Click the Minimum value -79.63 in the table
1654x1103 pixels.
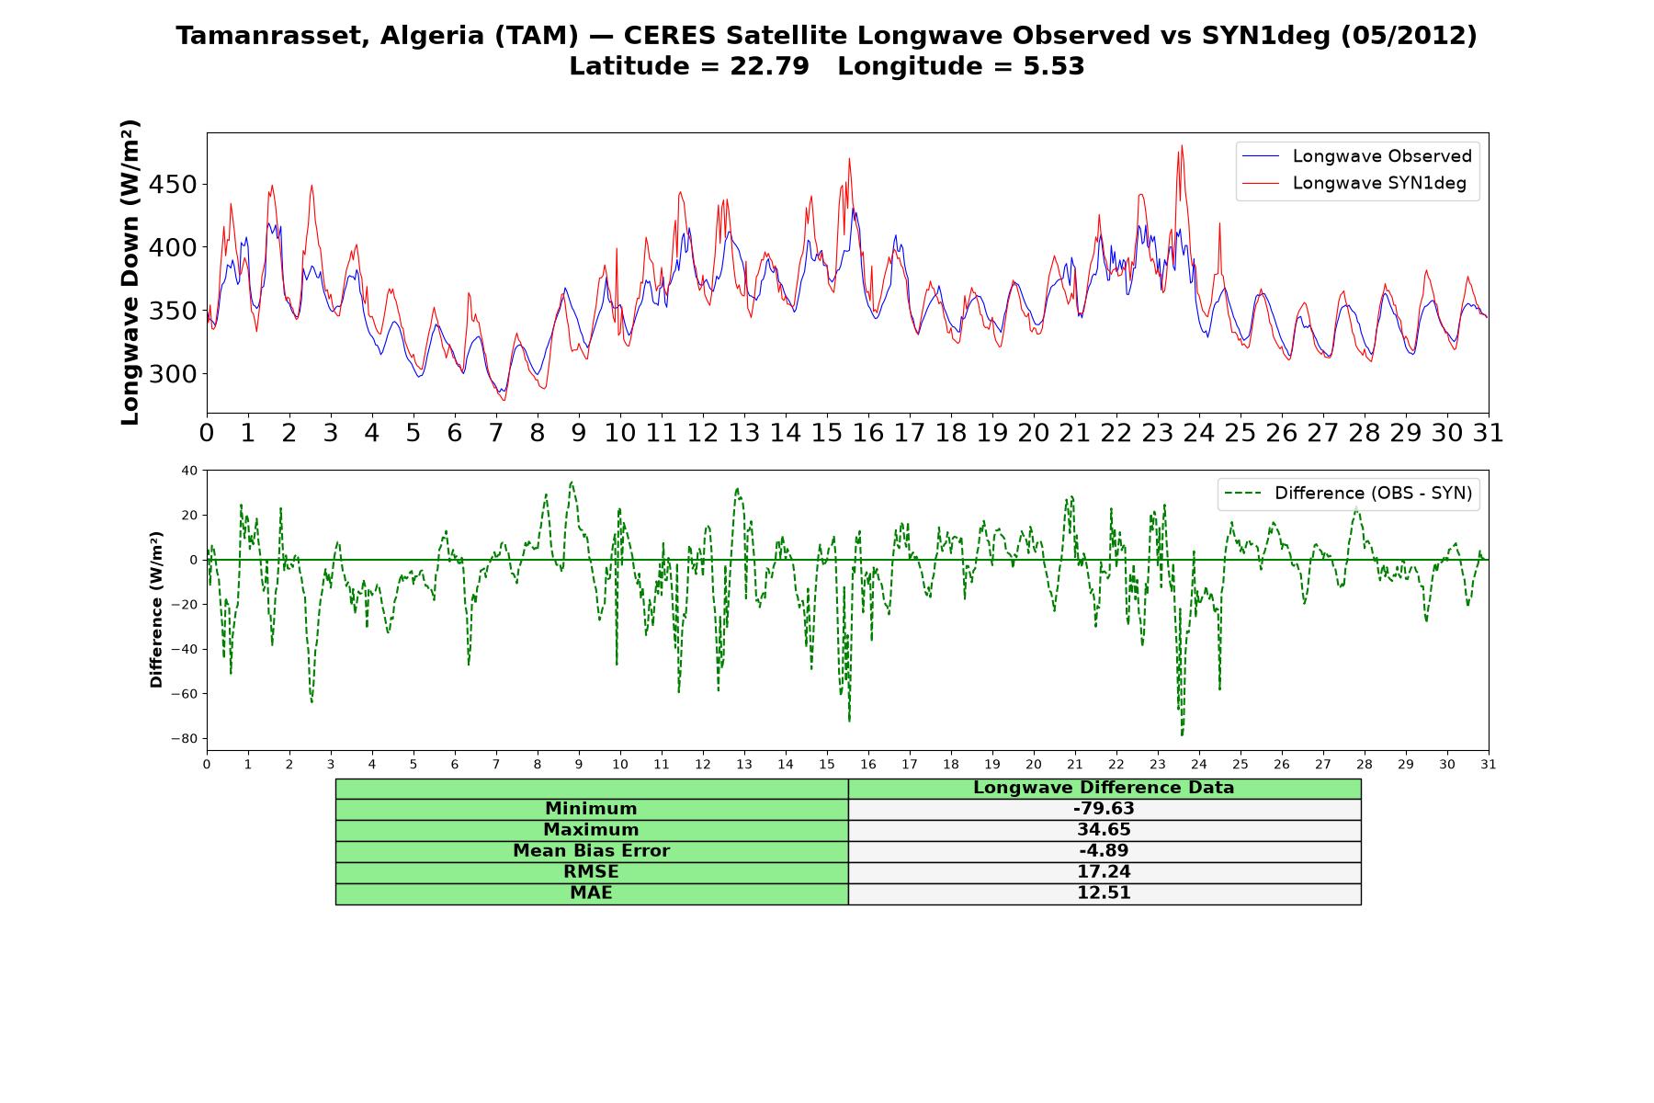tap(1104, 809)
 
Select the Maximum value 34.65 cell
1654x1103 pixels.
tap(1104, 830)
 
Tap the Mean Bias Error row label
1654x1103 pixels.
tap(591, 851)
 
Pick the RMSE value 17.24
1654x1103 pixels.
tap(1104, 872)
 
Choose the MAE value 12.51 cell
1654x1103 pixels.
tap(1104, 893)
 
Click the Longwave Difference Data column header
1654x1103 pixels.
tap(1104, 788)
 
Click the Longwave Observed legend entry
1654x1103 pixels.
tap(1357, 156)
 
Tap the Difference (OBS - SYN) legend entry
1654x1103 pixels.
tap(1349, 494)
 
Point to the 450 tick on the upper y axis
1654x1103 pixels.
tap(172, 185)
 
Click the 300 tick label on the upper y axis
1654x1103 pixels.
tap(172, 374)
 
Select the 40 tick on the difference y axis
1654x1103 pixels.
tap(189, 471)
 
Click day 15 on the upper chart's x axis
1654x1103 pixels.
tap(827, 433)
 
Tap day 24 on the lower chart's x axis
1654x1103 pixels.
tap(1199, 764)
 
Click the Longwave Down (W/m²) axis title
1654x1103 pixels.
tap(130, 272)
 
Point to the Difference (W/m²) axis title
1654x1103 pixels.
tap(156, 609)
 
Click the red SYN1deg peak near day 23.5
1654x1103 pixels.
tap(1182, 145)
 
